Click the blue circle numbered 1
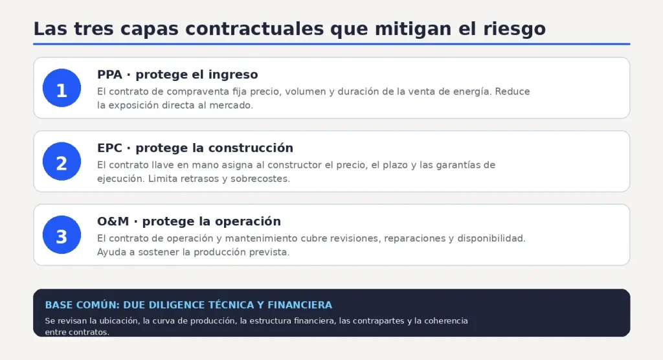pos(62,88)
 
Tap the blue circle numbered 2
pos(62,161)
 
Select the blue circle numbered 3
pos(62,235)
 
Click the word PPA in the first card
pos(109,74)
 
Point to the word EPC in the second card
pos(109,148)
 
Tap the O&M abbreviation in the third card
pos(113,221)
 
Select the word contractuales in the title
pos(254,28)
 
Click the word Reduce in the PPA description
pos(512,92)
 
